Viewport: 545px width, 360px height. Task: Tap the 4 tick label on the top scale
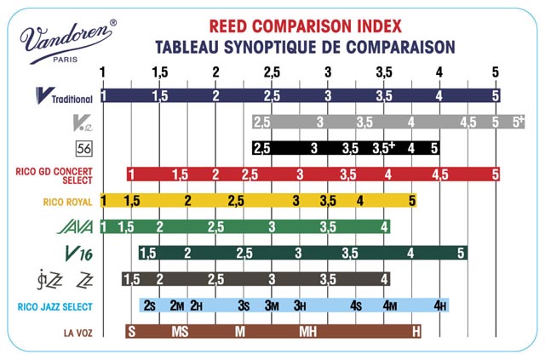pos(439,71)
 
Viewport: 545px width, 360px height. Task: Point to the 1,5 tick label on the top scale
pos(159,71)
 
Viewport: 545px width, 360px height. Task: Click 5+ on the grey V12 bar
pos(518,122)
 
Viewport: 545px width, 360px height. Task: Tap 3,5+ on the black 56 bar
pos(384,148)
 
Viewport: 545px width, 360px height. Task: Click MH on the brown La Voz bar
pos(308,332)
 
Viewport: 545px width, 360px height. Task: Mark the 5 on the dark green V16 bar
pos(462,253)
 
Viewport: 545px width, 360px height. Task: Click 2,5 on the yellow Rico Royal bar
pos(237,201)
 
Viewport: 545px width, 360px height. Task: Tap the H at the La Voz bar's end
pos(416,332)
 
